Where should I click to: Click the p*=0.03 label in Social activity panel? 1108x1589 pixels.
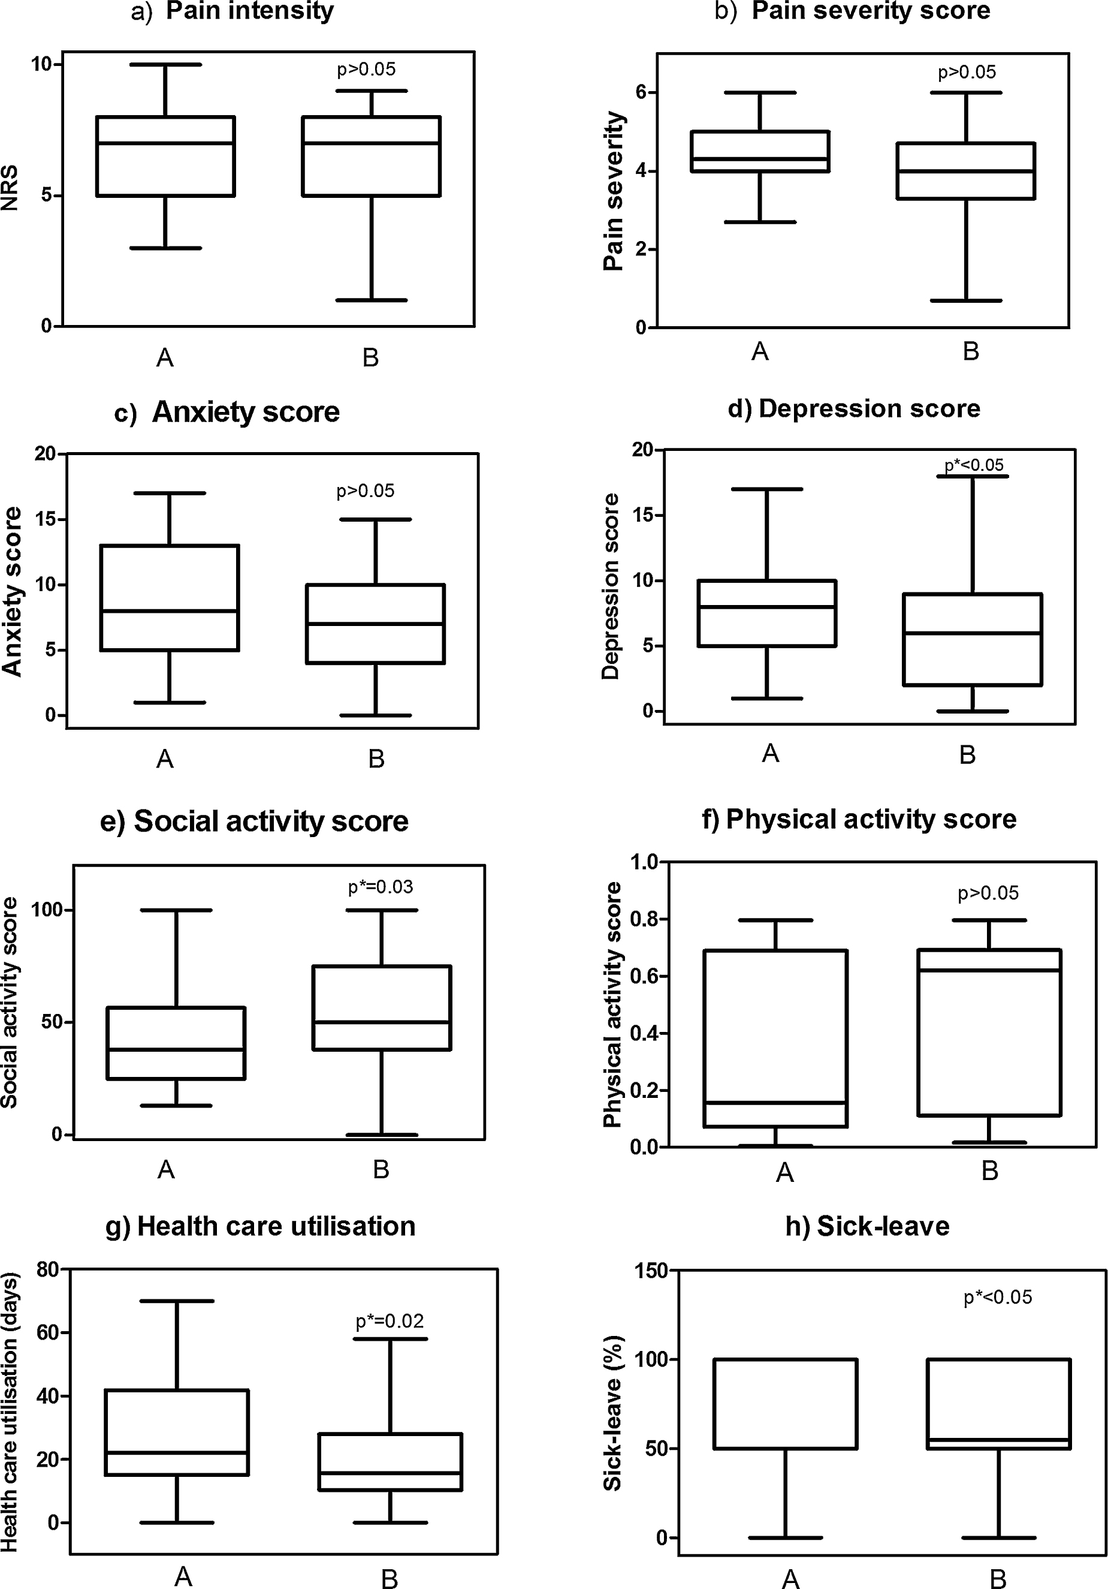click(x=381, y=887)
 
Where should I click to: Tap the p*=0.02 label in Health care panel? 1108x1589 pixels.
click(x=390, y=1321)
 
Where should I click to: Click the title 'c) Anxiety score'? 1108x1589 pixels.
click(x=228, y=412)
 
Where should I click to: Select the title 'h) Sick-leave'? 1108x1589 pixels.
click(x=867, y=1226)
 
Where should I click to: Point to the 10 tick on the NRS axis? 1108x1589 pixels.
click(x=41, y=64)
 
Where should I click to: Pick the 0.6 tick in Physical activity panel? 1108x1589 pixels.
click(x=644, y=977)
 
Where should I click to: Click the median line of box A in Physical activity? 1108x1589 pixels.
click(x=775, y=1103)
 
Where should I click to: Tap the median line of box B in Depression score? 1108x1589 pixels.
click(x=973, y=633)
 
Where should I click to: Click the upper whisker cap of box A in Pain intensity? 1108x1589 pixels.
click(x=166, y=64)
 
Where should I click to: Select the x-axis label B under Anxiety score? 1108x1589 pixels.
click(x=376, y=759)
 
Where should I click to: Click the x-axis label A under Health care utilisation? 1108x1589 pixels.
click(x=183, y=1576)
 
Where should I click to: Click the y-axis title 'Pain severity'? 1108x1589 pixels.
click(x=614, y=191)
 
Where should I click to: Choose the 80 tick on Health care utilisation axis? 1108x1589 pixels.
click(x=47, y=1270)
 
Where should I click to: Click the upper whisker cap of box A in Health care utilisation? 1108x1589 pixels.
click(x=177, y=1301)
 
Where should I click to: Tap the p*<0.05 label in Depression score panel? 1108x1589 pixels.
click(x=974, y=465)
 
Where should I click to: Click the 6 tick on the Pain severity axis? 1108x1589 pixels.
click(x=641, y=93)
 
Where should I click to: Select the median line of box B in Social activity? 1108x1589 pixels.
click(x=381, y=1022)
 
